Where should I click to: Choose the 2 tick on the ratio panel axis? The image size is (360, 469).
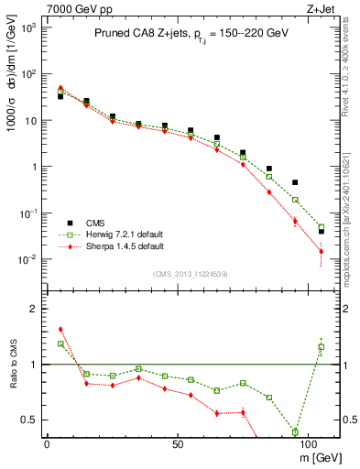32,309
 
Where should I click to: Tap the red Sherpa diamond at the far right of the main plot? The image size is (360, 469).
321,252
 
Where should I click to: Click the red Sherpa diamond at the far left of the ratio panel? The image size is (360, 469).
60,329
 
